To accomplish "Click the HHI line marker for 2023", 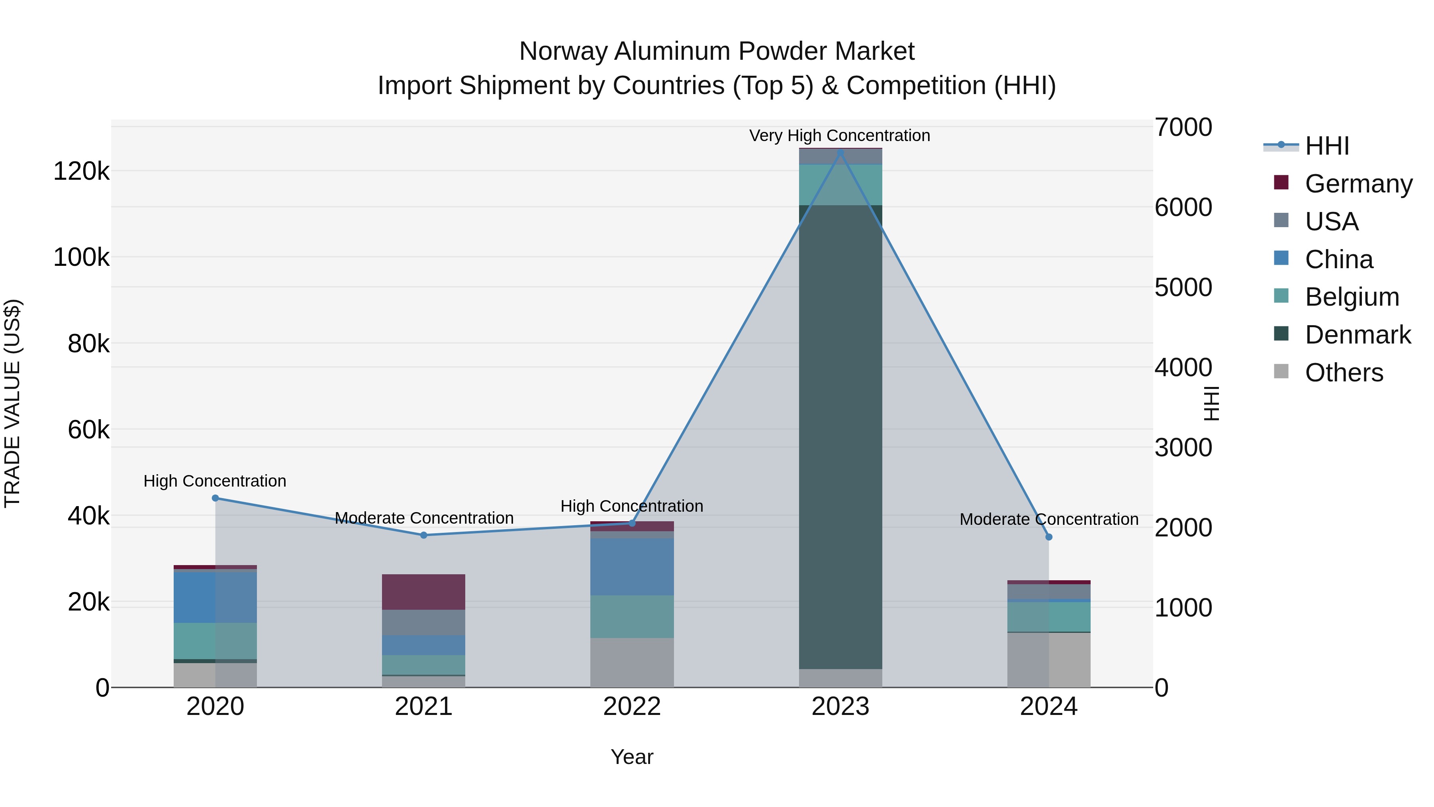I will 840,153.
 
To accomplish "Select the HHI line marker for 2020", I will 215,498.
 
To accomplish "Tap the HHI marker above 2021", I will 424,535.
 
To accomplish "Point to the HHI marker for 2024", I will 1049,537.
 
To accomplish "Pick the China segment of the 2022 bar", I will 632,566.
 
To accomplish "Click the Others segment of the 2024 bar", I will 1049,660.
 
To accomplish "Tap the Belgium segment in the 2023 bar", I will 840,185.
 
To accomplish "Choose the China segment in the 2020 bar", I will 215,597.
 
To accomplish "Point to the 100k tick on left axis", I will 81,258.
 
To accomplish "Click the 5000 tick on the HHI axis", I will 1183,287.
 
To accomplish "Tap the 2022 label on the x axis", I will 632,707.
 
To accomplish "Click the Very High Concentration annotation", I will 839,135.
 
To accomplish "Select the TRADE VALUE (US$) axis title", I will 12,403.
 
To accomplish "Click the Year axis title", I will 632,757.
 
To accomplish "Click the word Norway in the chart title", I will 563,51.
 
